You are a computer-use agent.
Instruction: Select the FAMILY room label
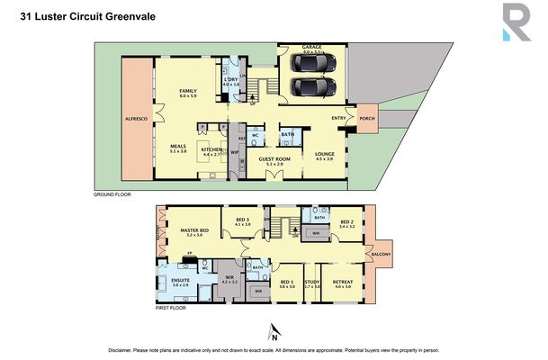pyautogui.click(x=187, y=91)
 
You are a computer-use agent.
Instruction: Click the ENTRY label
pyautogui.click(x=338, y=118)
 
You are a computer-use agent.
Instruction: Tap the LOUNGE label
pyautogui.click(x=324, y=154)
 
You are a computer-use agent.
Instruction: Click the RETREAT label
pyautogui.click(x=343, y=282)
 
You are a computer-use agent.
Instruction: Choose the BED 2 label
pyautogui.click(x=347, y=222)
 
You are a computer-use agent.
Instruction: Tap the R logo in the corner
pyautogui.click(x=516, y=22)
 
